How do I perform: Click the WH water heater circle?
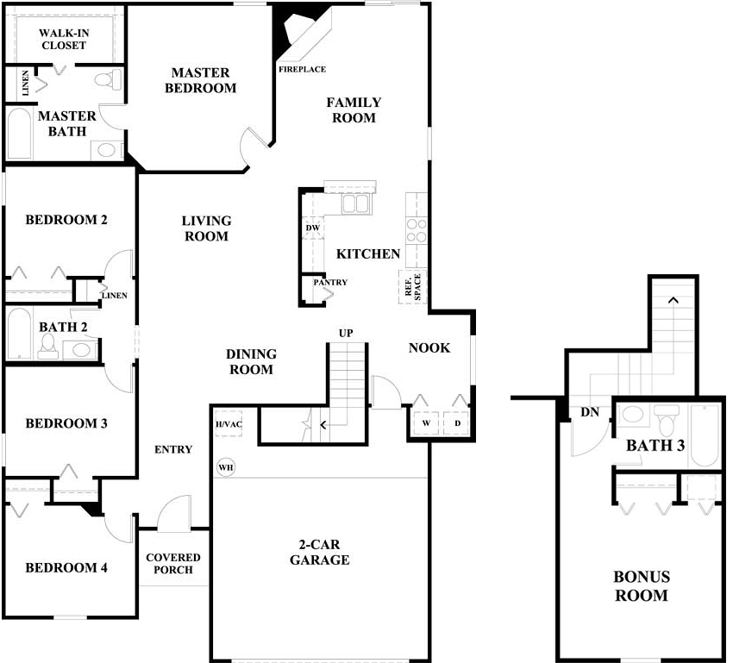[226, 467]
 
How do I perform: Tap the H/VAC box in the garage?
[229, 424]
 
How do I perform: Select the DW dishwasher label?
[313, 228]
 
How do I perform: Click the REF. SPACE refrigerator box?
[413, 287]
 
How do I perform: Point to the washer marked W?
[426, 423]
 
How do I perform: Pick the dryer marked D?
[457, 423]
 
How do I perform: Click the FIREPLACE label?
[302, 69]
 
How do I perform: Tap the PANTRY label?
[330, 282]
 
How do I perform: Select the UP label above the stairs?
[346, 333]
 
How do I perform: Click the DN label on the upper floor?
[590, 412]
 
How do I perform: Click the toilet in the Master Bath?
[109, 79]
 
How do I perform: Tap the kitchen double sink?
[357, 203]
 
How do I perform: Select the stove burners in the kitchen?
[416, 230]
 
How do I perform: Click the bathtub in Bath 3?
[705, 436]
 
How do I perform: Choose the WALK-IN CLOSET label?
[64, 40]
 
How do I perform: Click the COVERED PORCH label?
[173, 564]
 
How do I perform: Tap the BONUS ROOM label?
[642, 586]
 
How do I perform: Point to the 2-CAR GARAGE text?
[320, 552]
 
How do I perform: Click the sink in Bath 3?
[633, 415]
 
